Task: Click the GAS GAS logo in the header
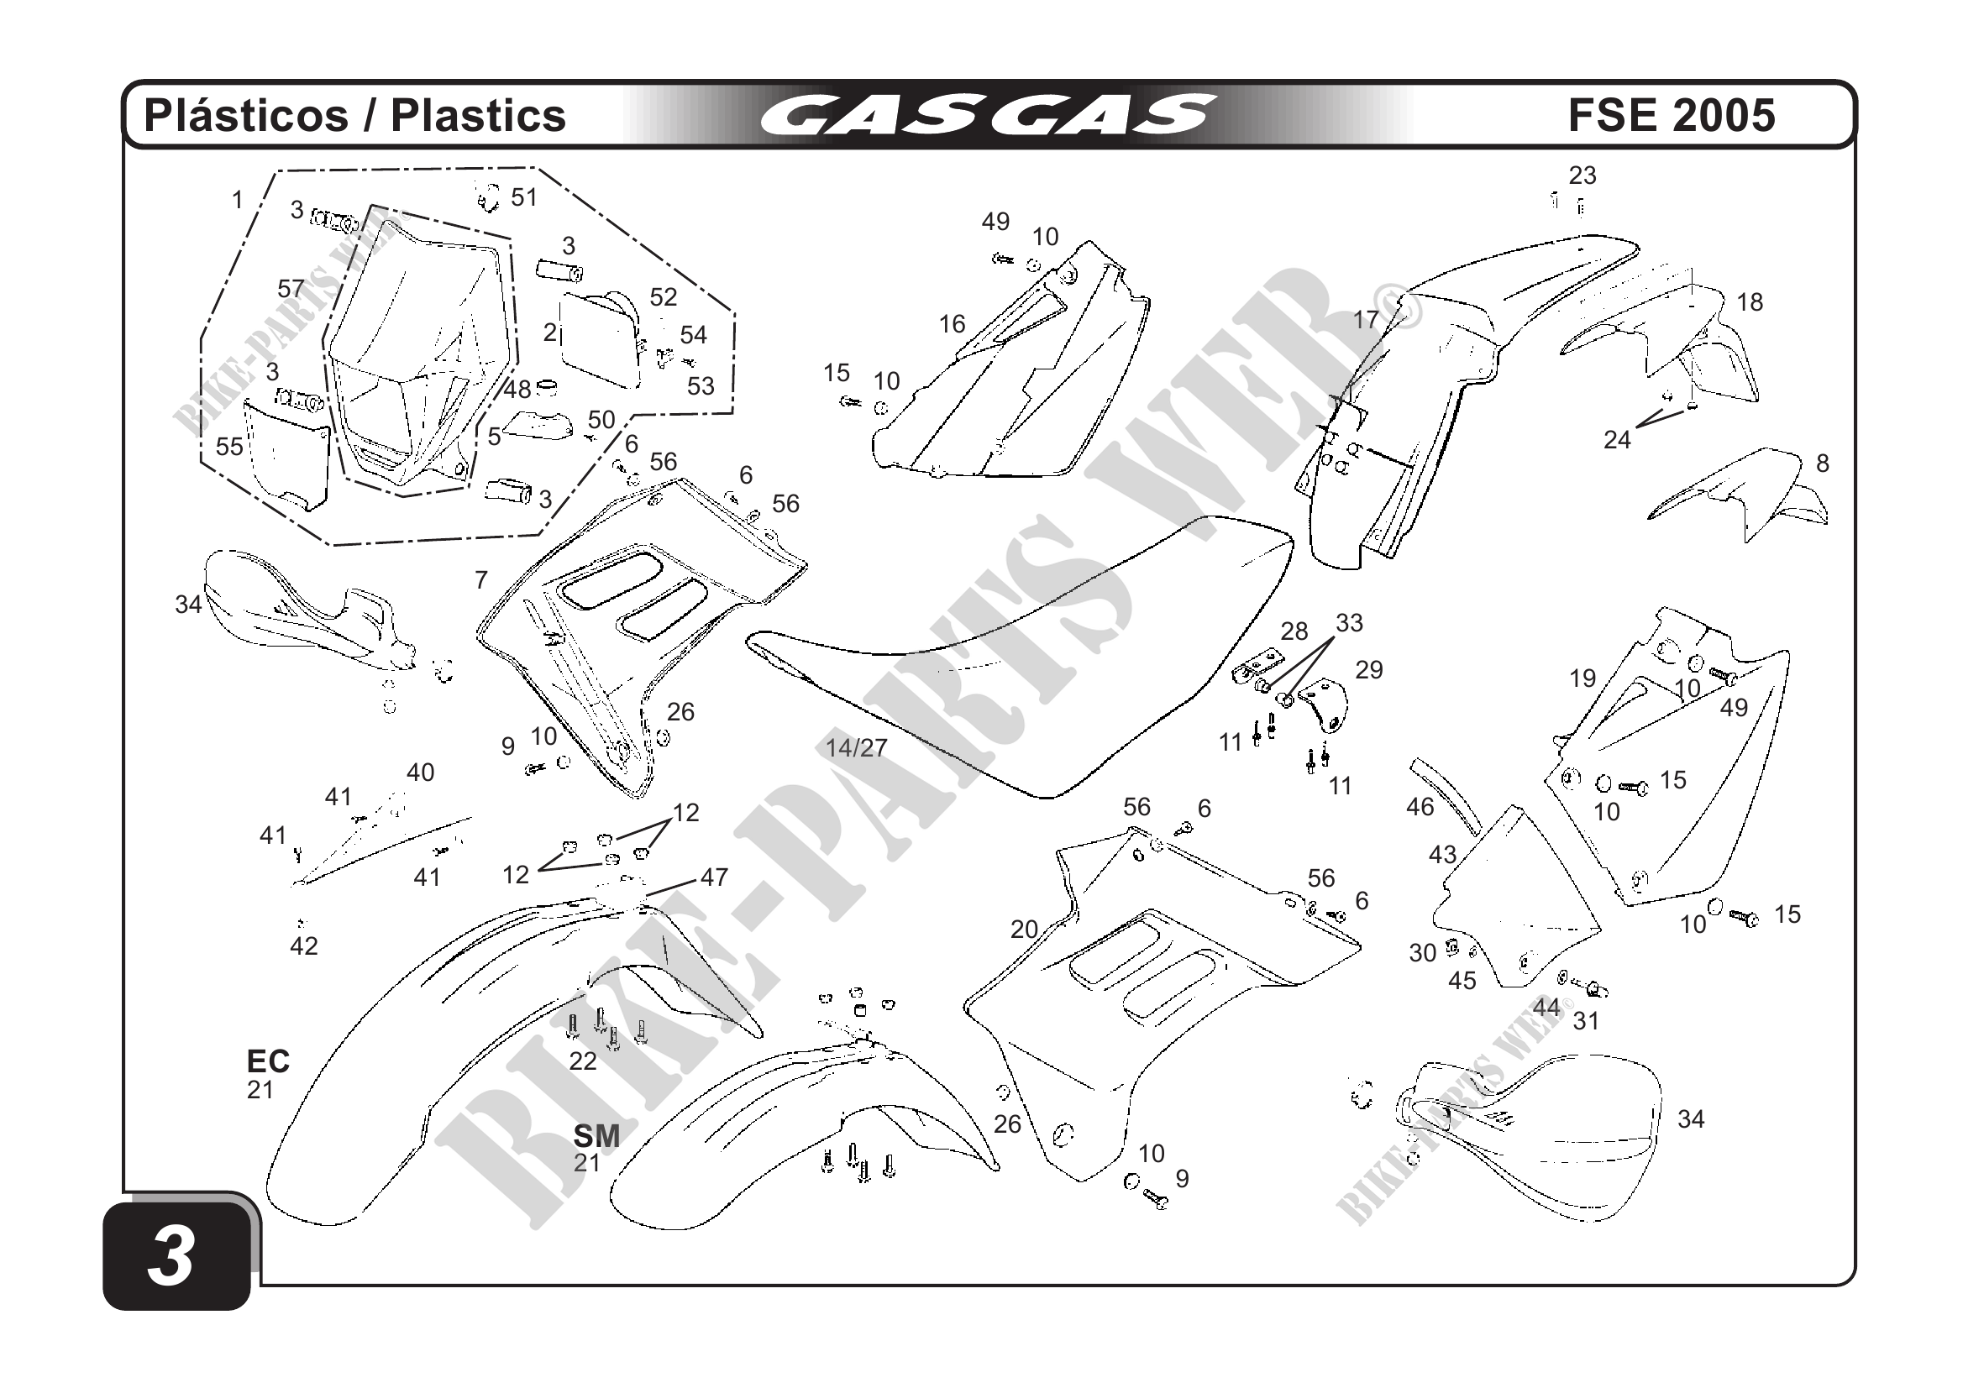(988, 115)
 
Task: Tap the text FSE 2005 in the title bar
(1671, 115)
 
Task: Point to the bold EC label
(268, 1061)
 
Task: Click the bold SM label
(596, 1136)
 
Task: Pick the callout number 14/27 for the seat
(856, 748)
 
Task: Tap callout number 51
(524, 197)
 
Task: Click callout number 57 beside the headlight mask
(291, 289)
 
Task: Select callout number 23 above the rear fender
(1582, 175)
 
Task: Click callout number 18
(1750, 301)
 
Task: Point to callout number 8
(1822, 464)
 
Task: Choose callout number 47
(714, 877)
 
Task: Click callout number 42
(303, 946)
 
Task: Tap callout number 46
(1420, 807)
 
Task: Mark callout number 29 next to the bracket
(1369, 670)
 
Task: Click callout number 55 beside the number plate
(229, 447)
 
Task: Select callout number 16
(952, 324)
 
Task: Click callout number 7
(481, 580)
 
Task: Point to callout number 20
(1023, 929)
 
